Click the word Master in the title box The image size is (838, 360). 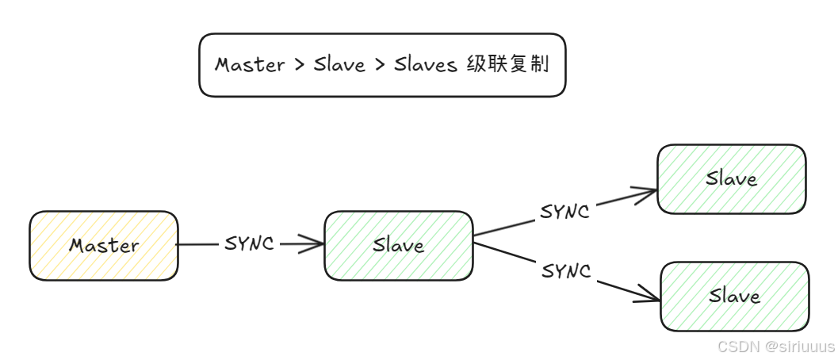pos(250,65)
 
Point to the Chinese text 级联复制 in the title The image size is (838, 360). pos(507,64)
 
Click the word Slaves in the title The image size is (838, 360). pos(426,65)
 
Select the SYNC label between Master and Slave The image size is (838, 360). pos(249,244)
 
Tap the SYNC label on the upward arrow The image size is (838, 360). pos(564,211)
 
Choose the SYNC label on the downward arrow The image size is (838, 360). pos(566,271)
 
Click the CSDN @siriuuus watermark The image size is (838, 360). pos(775,347)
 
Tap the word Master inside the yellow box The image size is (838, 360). pos(103,246)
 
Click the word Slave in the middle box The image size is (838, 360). pos(398,246)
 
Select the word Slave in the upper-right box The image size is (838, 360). pos(731,179)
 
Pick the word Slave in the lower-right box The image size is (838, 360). pos(734,297)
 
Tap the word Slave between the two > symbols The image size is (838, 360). pos(339,65)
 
